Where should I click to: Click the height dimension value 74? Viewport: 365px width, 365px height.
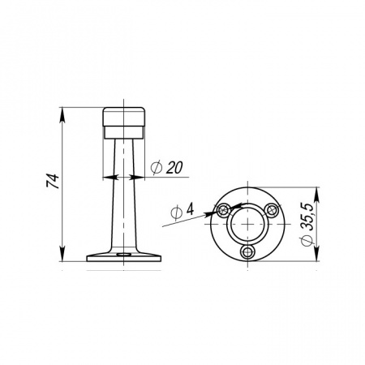coord(53,181)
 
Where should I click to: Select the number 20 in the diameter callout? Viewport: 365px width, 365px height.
coord(174,167)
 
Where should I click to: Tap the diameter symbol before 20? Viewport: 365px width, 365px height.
coord(157,168)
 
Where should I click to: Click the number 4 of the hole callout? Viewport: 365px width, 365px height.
coord(190,209)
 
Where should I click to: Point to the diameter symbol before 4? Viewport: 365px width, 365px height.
coord(176,213)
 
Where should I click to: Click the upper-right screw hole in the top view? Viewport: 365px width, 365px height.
coord(271,210)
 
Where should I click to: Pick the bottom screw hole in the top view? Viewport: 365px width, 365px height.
coord(247,252)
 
